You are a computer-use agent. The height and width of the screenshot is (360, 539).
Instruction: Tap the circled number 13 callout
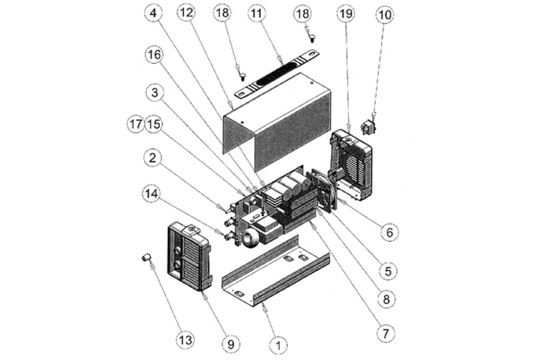pos(185,340)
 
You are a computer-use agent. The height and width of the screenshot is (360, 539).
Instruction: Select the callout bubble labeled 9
pos(231,344)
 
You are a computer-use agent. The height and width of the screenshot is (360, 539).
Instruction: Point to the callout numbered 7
pos(385,334)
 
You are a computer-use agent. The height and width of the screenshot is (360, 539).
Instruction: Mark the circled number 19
pos(345,14)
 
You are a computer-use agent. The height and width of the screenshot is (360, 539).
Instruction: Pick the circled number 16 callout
pos(153,55)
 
